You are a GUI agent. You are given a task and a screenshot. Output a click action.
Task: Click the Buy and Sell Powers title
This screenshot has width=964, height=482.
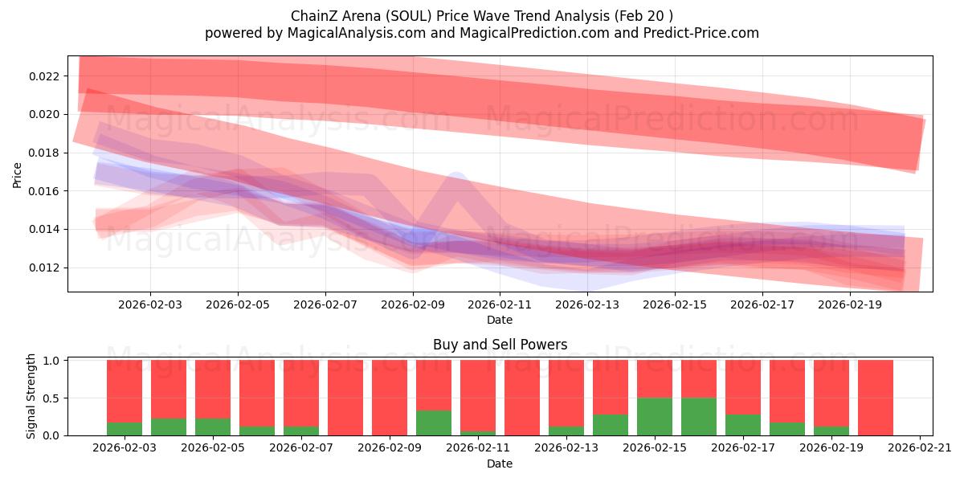pos(500,345)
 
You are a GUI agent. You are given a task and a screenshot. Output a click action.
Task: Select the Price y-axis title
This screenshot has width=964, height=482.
pos(18,174)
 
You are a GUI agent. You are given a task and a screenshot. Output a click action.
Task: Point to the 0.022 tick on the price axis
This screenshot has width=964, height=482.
pos(45,76)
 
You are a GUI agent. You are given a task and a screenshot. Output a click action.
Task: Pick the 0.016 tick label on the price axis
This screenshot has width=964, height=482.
pos(45,191)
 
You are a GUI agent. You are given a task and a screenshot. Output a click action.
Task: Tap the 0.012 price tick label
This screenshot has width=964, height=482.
pos(45,268)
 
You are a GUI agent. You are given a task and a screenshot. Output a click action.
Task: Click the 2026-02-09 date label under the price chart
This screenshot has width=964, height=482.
pos(413,305)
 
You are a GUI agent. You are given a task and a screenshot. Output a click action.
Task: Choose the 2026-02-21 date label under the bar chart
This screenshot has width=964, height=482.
pos(919,448)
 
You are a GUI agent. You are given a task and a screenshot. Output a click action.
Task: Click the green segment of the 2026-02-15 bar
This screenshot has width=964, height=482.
pos(655,416)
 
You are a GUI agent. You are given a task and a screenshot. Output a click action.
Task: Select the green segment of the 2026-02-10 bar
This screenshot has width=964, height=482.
pos(434,423)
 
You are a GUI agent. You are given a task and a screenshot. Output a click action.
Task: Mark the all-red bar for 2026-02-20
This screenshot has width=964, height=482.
pos(876,398)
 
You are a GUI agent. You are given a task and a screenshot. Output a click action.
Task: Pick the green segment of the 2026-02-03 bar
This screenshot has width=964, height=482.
pos(125,429)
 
